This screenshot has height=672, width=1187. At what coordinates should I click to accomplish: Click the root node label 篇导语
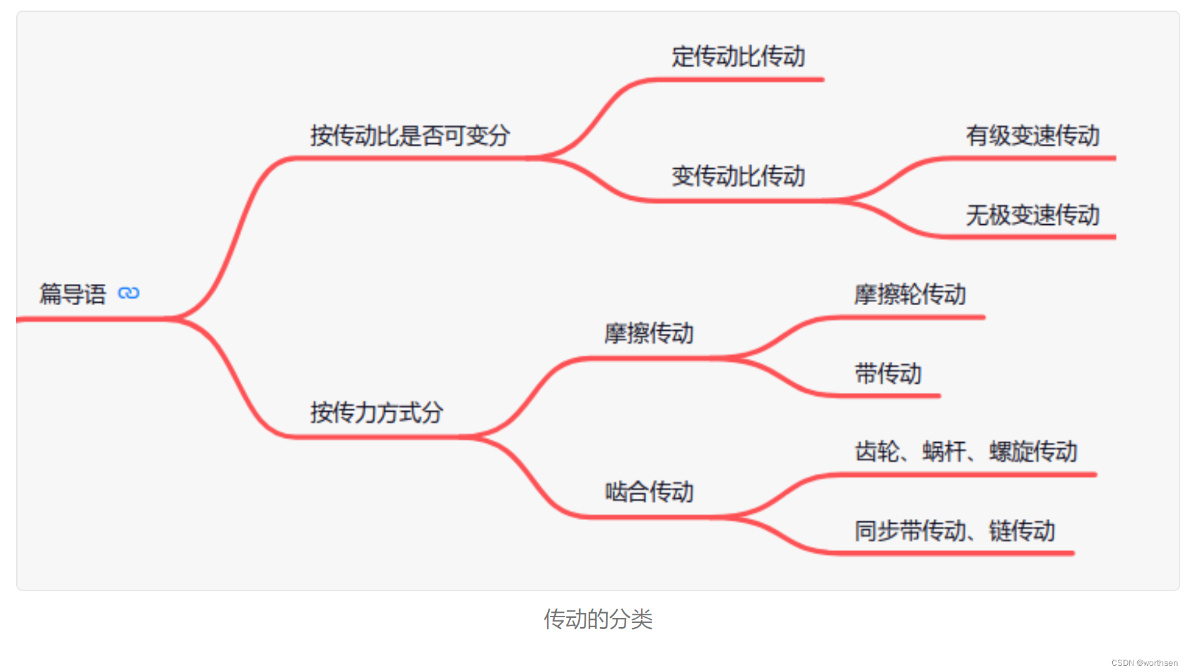coord(72,294)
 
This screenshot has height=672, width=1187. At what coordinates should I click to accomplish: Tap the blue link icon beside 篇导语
coord(129,293)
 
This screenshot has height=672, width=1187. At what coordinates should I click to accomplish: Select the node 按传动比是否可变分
coord(410,135)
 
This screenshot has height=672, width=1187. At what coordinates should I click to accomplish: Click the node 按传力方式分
coord(376,412)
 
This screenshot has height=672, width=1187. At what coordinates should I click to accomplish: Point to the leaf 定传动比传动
coord(738,57)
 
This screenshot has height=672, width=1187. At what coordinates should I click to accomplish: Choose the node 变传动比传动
coord(738,176)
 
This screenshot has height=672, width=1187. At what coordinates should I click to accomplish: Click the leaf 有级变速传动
coord(1032,136)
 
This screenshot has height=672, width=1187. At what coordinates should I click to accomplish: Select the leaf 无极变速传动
coord(1032,215)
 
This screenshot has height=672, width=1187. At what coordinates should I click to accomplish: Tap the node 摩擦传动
coord(649,333)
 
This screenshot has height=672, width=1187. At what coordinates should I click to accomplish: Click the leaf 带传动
coord(888,374)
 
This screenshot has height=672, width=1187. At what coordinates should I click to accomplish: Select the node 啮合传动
coord(649,492)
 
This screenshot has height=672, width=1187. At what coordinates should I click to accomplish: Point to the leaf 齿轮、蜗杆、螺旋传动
coord(966,452)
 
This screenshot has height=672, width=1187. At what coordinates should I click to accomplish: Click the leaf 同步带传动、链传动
coord(955,531)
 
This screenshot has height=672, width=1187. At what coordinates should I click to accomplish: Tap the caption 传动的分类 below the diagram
coord(598,619)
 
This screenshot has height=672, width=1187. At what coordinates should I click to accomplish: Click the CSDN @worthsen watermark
coord(1144,663)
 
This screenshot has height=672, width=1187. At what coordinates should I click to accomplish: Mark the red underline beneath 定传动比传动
coord(741,80)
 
